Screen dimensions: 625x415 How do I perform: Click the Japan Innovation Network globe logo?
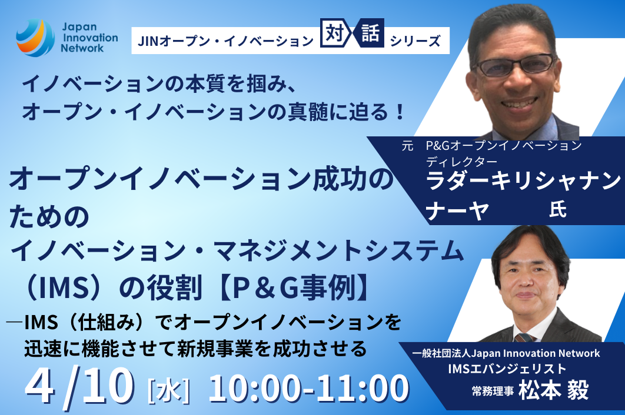(x=35, y=38)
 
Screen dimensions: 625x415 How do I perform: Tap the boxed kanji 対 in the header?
(x=334, y=34)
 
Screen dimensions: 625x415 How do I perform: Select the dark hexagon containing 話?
(x=370, y=33)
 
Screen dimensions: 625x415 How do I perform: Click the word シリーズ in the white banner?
(x=415, y=41)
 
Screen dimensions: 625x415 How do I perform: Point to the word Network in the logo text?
(x=82, y=48)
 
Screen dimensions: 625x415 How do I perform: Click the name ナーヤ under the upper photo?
(x=457, y=210)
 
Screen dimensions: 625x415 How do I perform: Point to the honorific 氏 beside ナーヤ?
(x=558, y=209)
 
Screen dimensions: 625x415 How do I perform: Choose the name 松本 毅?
(x=554, y=390)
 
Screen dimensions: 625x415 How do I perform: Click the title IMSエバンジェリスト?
(x=507, y=369)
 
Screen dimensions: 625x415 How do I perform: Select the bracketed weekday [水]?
(x=168, y=391)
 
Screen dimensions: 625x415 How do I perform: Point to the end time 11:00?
(x=363, y=388)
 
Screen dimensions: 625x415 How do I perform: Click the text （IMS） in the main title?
(x=64, y=287)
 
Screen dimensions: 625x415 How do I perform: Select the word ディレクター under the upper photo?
(x=461, y=162)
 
